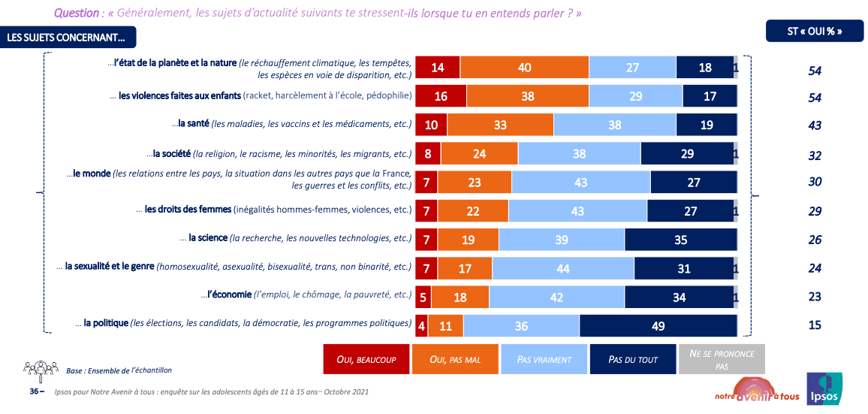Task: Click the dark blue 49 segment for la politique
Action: (658, 326)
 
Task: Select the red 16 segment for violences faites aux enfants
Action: (441, 96)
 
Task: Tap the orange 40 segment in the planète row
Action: (524, 68)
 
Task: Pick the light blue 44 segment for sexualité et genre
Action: (563, 268)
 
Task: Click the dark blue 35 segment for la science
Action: (680, 240)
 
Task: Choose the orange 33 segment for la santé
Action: (500, 125)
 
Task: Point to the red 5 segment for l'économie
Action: (423, 297)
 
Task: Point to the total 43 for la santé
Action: (815, 125)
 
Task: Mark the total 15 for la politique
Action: (815, 325)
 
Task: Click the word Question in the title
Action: (76, 14)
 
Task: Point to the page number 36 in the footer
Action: (32, 391)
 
